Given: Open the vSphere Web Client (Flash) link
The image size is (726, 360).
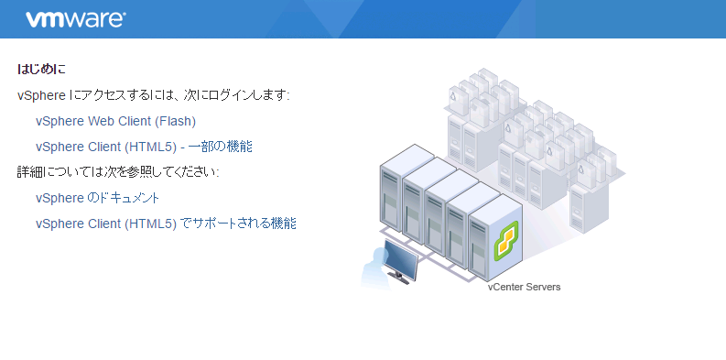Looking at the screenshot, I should click(x=115, y=121).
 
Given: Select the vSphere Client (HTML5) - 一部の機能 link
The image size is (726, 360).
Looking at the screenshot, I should click(x=144, y=147).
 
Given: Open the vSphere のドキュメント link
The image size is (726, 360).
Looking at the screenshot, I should click(x=98, y=198).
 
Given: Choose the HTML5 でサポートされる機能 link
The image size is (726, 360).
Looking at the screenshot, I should click(x=166, y=224).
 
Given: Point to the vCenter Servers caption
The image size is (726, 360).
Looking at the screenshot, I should click(x=524, y=287).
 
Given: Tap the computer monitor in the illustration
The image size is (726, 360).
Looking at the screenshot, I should click(x=400, y=260).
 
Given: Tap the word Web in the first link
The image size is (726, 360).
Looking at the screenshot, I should click(x=102, y=121).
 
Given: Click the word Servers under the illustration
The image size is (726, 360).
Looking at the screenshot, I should click(x=542, y=287).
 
